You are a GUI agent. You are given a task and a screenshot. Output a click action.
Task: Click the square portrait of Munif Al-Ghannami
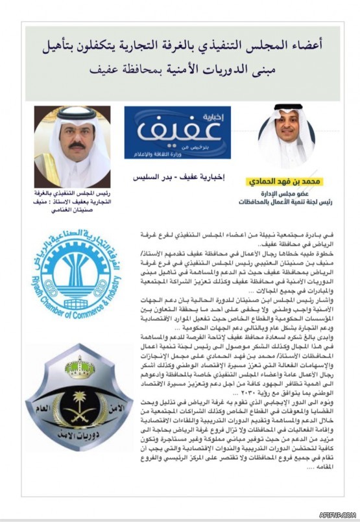(72, 146)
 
